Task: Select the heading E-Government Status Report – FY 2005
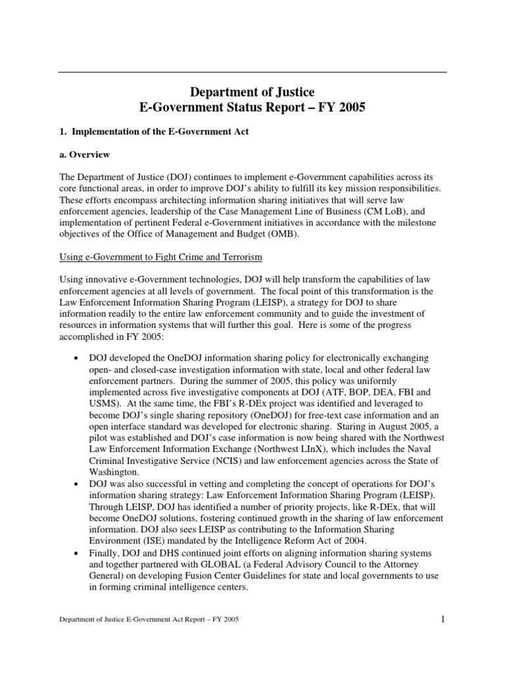tap(252, 107)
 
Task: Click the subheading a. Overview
tap(85, 155)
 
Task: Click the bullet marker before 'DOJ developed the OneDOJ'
tap(78, 358)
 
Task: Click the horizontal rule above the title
tap(252, 72)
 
